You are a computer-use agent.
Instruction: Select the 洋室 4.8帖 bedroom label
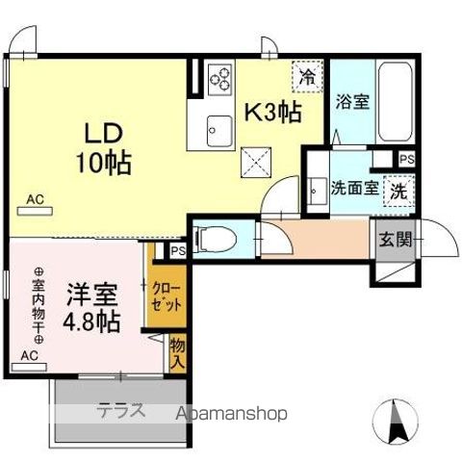pos(91,306)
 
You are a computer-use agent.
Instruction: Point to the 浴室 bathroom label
pos(351,102)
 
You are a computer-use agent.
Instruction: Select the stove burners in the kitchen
pos(220,77)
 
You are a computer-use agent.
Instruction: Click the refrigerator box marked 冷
pos(307,73)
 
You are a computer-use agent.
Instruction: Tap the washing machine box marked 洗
pos(397,191)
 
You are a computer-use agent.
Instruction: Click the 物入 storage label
pos(177,351)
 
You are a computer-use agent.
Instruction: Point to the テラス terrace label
pos(119,412)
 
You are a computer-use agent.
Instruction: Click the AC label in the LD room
pos(36,200)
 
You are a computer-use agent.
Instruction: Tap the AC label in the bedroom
pos(29,355)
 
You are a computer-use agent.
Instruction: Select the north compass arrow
pos(396,420)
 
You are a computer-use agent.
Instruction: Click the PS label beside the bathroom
pos(406,159)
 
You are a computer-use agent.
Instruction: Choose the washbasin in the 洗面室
pos(316,190)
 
